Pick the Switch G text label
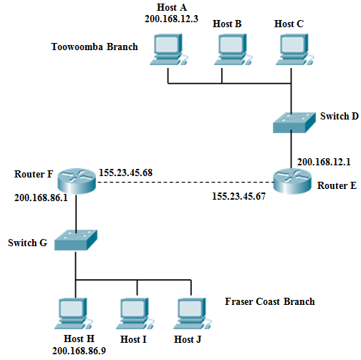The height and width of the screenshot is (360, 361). (27, 243)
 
